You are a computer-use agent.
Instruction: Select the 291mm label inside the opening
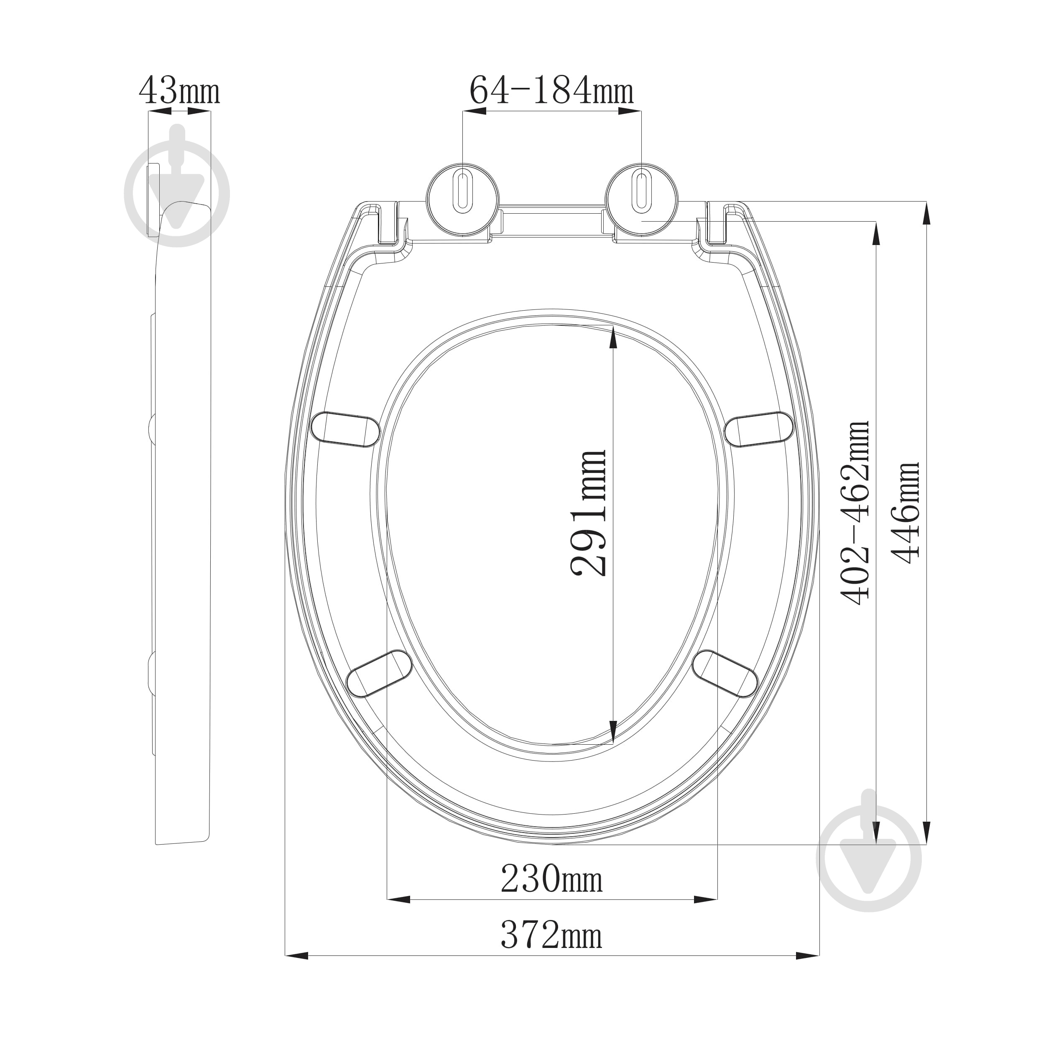[x=589, y=513]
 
